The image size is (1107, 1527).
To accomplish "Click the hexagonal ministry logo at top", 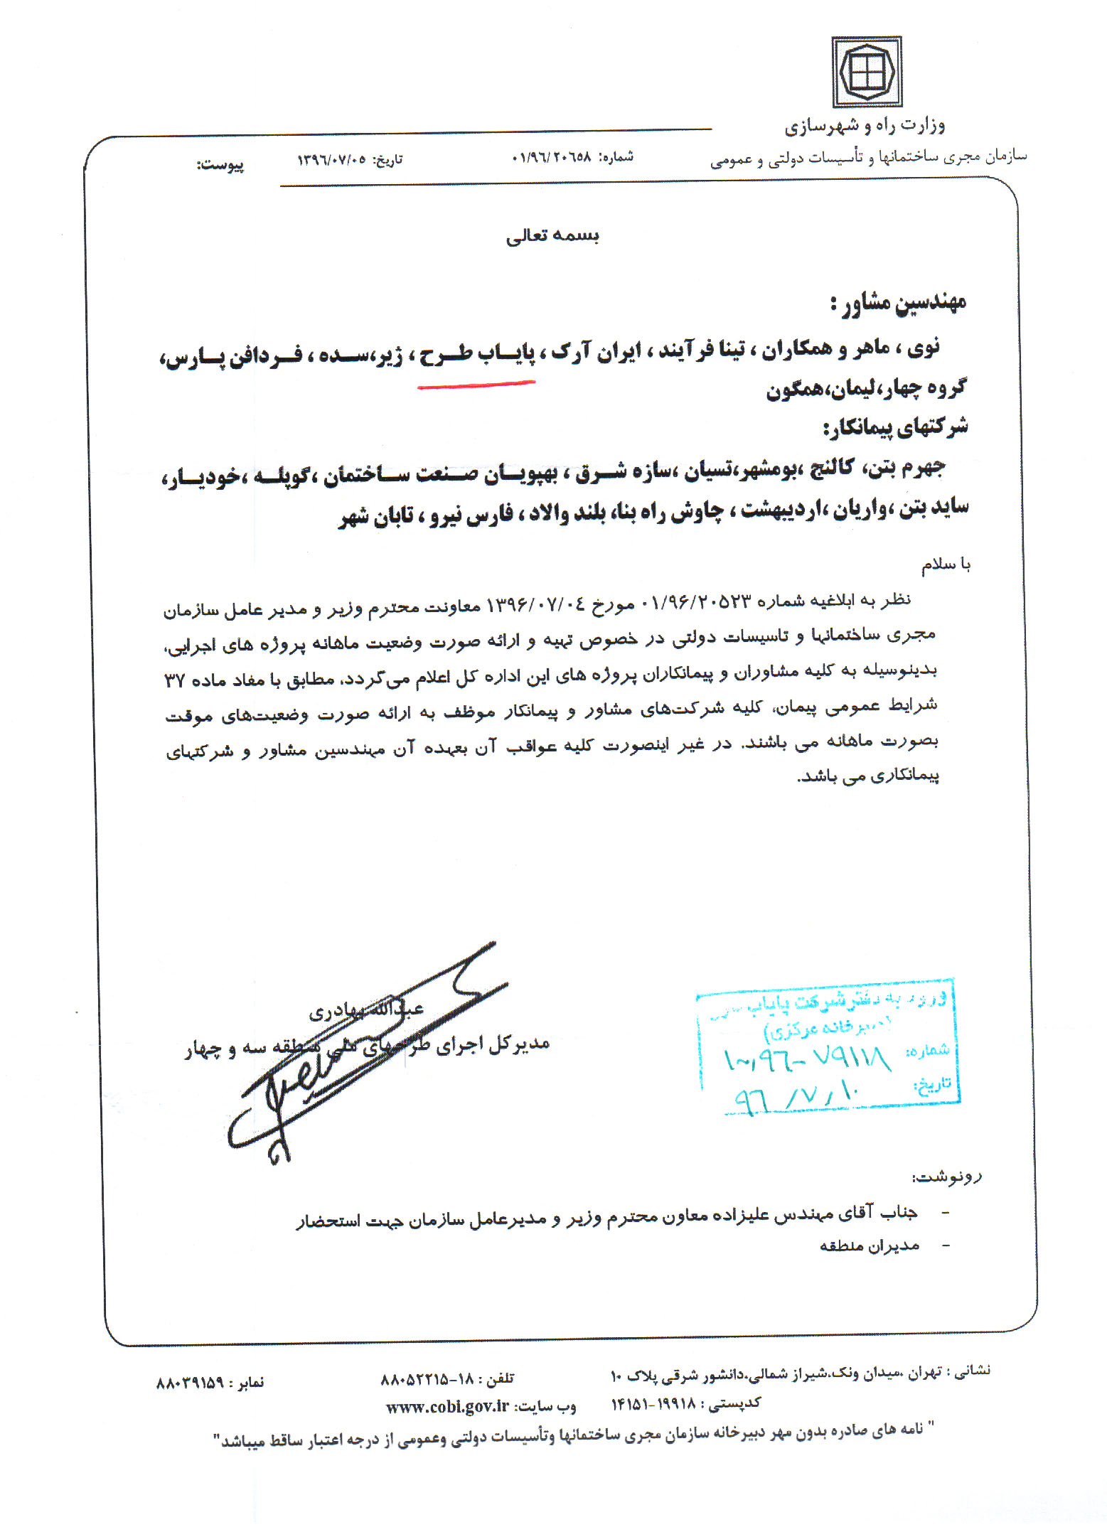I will (866, 72).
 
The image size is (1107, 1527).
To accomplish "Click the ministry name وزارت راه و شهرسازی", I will (865, 127).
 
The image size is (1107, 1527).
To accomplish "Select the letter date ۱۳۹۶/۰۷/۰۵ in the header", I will (331, 159).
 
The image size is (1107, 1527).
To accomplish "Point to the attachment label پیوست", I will (220, 165).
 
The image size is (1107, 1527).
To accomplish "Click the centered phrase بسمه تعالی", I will (552, 236).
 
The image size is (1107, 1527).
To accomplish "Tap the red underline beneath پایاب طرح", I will (476, 385).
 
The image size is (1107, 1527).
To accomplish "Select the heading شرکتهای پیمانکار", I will (895, 427).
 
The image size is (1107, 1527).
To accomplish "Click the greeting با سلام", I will (946, 564).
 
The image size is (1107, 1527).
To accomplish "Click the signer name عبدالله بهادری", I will (365, 1009).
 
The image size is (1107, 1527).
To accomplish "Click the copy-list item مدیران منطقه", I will (870, 1245).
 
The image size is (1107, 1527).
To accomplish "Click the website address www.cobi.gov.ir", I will (448, 1406).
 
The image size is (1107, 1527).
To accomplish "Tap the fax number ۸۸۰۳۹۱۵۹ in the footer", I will (190, 1383).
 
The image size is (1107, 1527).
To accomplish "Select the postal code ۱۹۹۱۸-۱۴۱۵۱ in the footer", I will (653, 1404).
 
